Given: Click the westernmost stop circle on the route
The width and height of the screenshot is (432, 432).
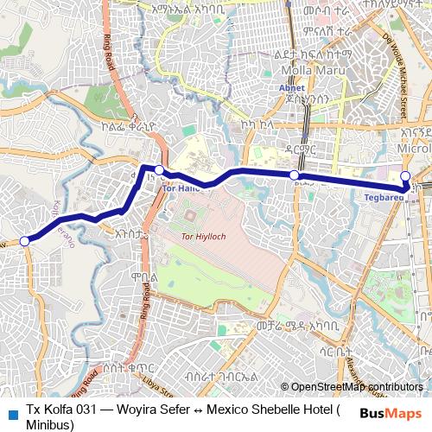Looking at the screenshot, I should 25,241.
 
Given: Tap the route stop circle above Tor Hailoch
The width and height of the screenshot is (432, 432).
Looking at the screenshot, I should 160,170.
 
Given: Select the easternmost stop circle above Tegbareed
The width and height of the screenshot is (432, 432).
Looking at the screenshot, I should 405,176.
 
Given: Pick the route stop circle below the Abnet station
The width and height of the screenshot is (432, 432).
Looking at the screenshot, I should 295,175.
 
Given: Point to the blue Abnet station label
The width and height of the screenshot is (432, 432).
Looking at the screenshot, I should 290,88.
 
